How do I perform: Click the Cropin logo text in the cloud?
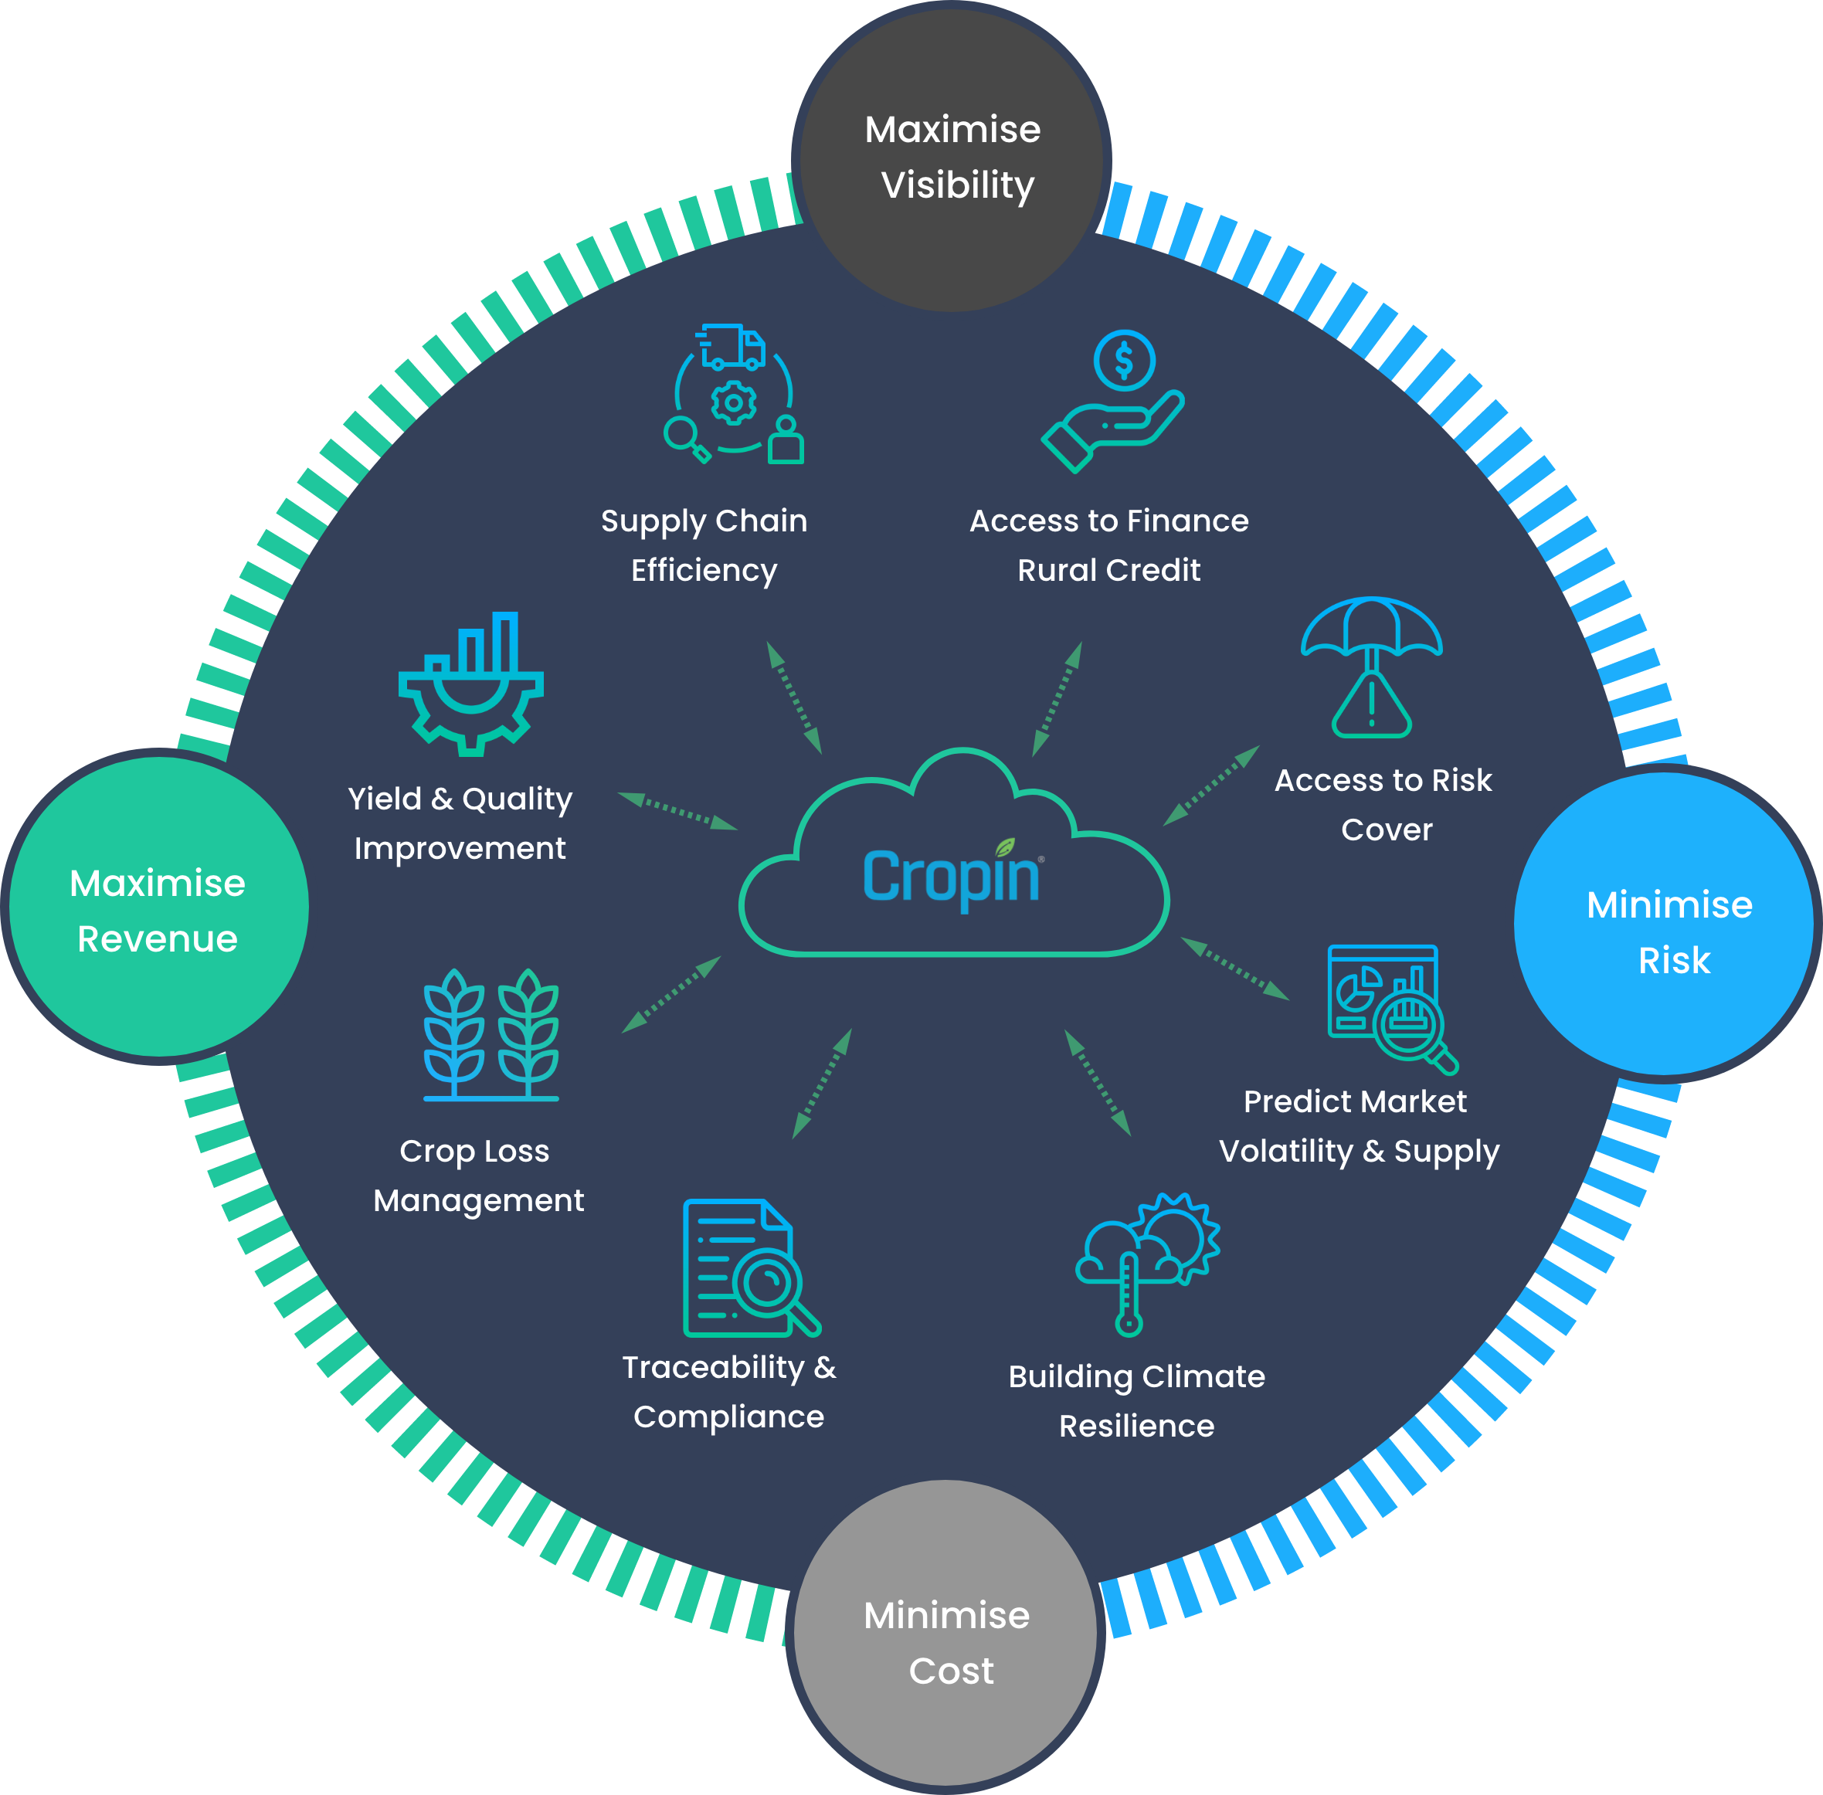[952, 877]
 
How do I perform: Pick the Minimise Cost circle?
[946, 1637]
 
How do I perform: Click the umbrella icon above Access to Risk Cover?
[1371, 628]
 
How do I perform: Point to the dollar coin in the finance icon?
[1124, 360]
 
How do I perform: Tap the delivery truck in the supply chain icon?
[733, 347]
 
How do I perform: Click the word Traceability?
[713, 1367]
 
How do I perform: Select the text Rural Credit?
[1108, 570]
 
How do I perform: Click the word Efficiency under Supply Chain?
[704, 570]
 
